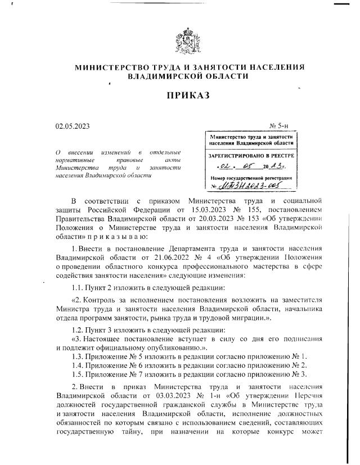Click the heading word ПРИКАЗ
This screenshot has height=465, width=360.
click(188, 96)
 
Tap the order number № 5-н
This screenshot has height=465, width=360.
click(280, 127)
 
